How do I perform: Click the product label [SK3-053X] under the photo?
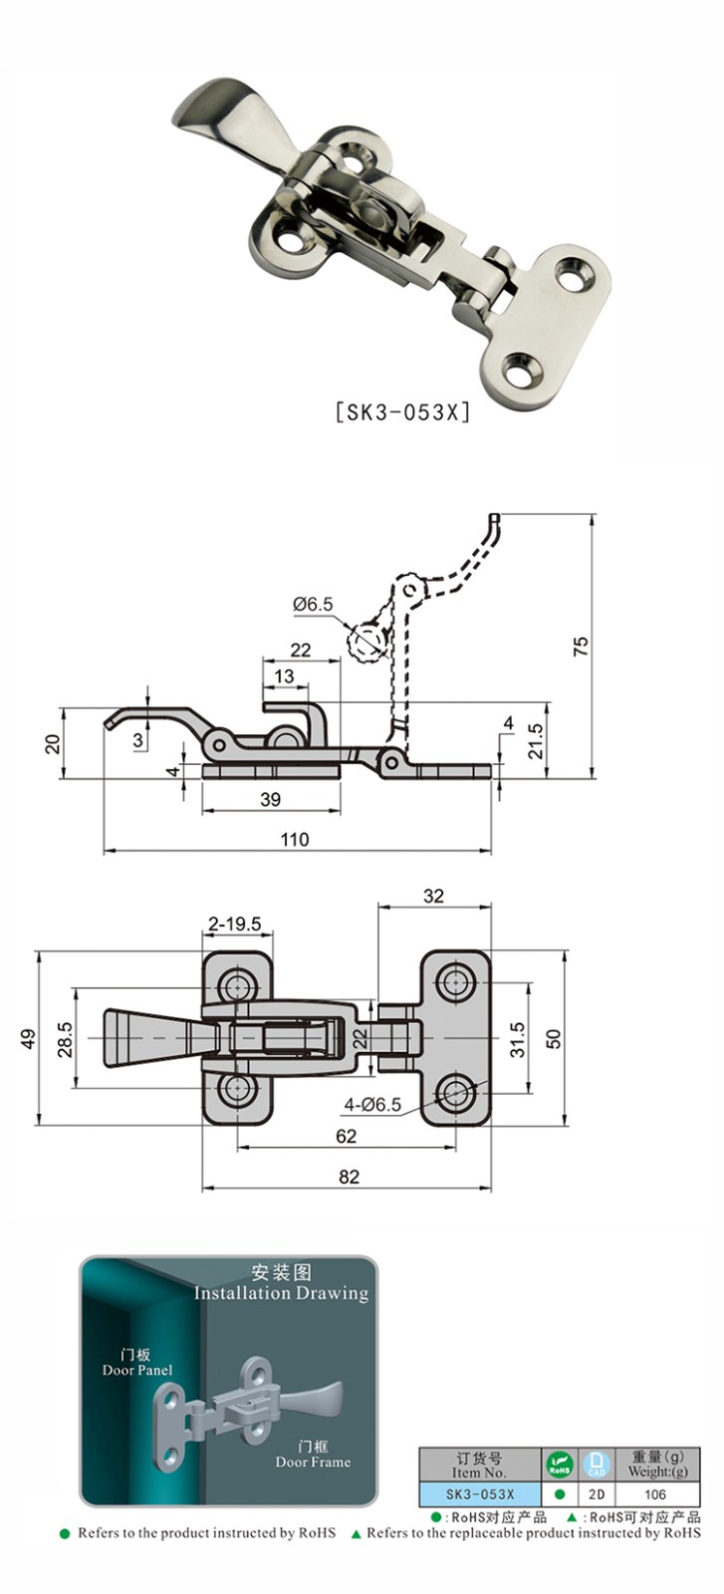402,411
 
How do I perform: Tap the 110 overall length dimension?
296,839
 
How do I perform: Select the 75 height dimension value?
582,645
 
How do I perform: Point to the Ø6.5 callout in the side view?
313,604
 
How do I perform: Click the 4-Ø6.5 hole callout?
372,1104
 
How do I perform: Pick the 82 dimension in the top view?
348,1177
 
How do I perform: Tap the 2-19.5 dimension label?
235,924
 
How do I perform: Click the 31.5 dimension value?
516,1037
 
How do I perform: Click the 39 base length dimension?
270,798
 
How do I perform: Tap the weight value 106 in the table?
654,1494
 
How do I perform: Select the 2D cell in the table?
596,1494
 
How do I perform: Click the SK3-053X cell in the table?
479,1494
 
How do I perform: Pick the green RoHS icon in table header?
559,1464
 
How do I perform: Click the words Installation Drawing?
281,1293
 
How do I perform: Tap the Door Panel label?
137,1370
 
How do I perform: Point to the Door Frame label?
313,1461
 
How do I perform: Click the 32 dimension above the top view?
433,896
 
